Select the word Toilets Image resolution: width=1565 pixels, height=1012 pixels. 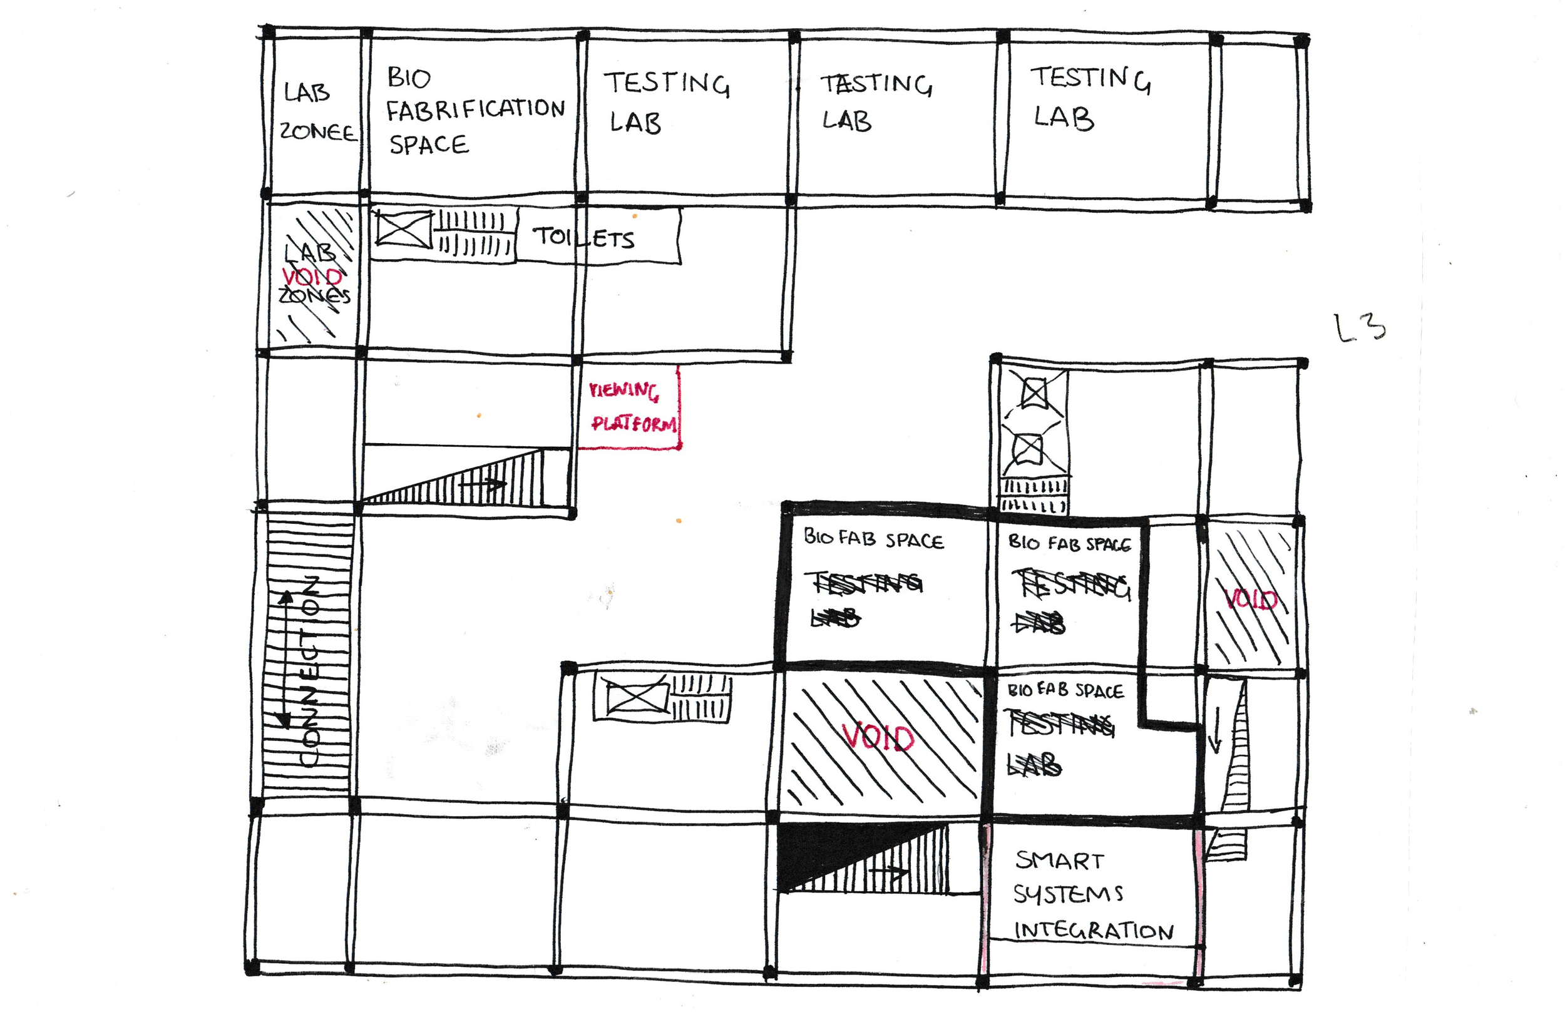(583, 237)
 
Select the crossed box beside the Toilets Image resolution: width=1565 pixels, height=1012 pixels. (403, 228)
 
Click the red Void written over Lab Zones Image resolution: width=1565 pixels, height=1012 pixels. (312, 277)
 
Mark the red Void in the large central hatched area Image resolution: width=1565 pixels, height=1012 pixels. (878, 737)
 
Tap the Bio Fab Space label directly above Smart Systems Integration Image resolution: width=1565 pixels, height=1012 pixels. (1065, 690)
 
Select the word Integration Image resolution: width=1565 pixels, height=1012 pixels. (1093, 931)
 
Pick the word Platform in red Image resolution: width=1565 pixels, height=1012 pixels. (634, 424)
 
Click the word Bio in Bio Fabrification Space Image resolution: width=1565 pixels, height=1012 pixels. (409, 78)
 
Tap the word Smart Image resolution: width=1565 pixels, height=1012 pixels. (1059, 860)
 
